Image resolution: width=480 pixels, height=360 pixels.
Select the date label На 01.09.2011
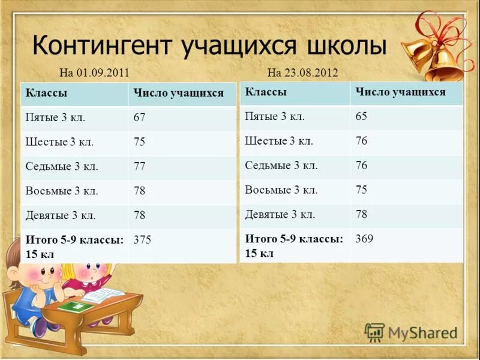pyautogui.click(x=94, y=73)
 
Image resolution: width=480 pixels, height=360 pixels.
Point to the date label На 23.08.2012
pyautogui.click(x=302, y=73)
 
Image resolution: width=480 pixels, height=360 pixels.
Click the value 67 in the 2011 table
pyautogui.click(x=139, y=118)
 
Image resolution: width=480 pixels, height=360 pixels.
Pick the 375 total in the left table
pyautogui.click(x=142, y=240)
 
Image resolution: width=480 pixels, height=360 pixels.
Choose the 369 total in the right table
pyautogui.click(x=364, y=239)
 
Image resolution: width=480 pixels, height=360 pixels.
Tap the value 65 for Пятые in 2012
pyautogui.click(x=361, y=116)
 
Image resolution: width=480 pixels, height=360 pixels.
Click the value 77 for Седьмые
pyautogui.click(x=139, y=166)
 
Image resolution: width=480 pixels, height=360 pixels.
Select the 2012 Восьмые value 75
pyautogui.click(x=361, y=190)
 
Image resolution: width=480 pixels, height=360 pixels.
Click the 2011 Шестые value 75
pyautogui.click(x=139, y=142)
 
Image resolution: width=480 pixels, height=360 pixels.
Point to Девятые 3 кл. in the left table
pyautogui.click(x=61, y=215)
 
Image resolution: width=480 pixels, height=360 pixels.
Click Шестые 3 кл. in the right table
pyautogui.click(x=279, y=141)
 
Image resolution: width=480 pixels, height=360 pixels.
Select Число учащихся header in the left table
pyautogui.click(x=178, y=93)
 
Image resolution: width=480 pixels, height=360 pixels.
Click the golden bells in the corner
pyautogui.click(x=441, y=57)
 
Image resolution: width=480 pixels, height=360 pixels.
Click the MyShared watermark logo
pyautogui.click(x=411, y=332)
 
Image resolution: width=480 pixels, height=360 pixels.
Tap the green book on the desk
pyautogui.click(x=76, y=307)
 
